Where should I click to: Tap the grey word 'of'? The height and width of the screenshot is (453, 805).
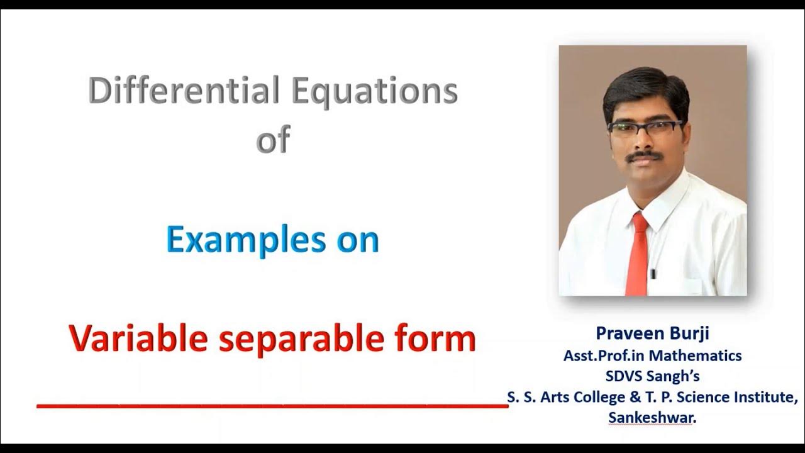pyautogui.click(x=273, y=140)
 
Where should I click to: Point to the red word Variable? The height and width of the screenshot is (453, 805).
pyautogui.click(x=138, y=338)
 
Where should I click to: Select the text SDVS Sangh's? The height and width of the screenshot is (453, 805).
pyautogui.click(x=652, y=376)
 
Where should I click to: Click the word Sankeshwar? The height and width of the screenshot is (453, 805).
pyautogui.click(x=652, y=417)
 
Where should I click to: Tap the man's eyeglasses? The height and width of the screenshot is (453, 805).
pyautogui.click(x=645, y=126)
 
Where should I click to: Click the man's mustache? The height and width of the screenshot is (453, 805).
pyautogui.click(x=647, y=155)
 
